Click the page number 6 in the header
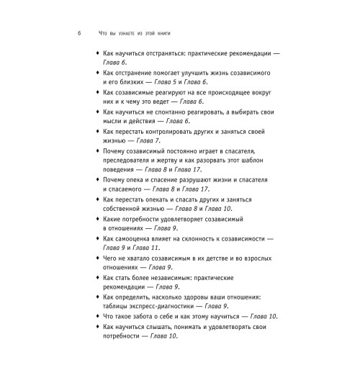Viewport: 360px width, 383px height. tap(80, 35)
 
